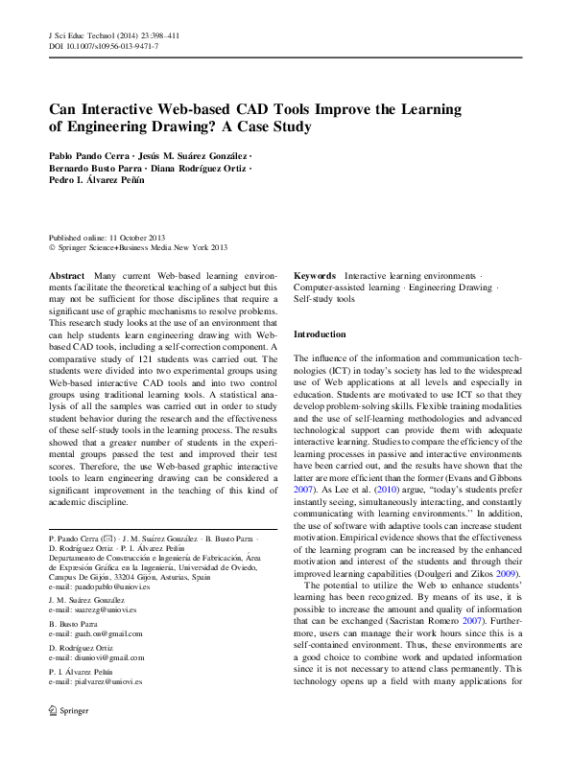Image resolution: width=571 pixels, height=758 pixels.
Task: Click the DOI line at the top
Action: click(104, 46)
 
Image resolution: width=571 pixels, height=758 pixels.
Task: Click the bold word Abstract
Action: click(66, 275)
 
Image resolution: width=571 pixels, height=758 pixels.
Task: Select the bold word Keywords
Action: click(315, 275)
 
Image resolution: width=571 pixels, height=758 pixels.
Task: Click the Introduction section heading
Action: click(320, 334)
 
